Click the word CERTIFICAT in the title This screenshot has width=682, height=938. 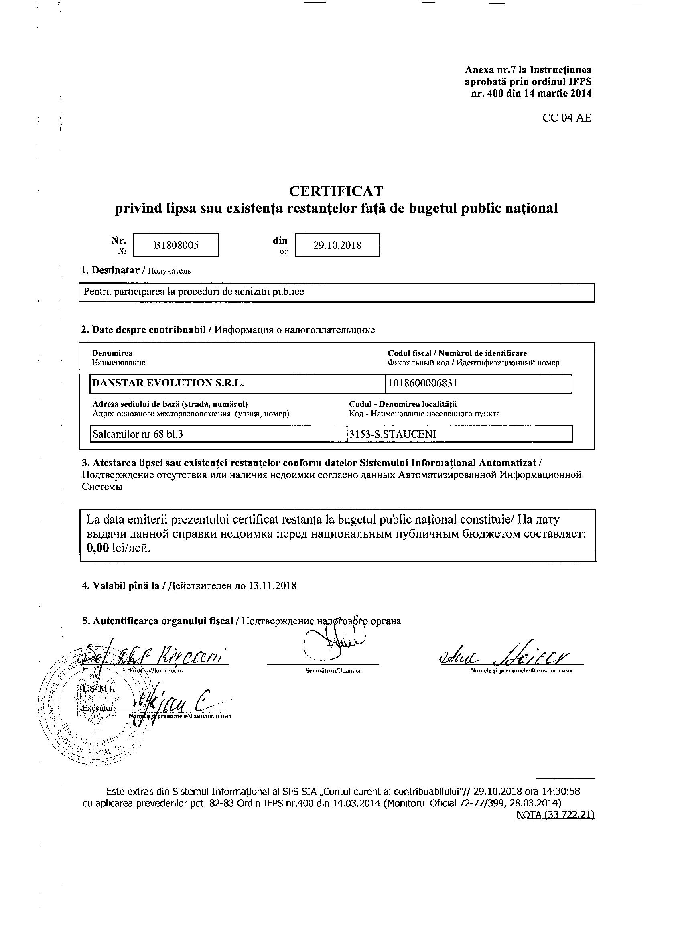tap(336, 191)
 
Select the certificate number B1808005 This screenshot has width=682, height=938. tap(176, 245)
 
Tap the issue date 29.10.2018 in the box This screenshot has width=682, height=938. tap(337, 245)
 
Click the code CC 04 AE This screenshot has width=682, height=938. tap(566, 118)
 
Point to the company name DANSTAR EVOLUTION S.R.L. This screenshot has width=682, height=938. tap(168, 383)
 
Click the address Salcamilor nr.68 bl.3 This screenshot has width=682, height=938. tap(138, 434)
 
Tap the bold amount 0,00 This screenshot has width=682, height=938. tap(97, 548)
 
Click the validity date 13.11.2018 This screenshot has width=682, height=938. tap(272, 586)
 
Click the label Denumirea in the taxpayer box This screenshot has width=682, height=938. tap(112, 353)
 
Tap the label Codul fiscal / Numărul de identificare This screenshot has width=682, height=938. tap(457, 353)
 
